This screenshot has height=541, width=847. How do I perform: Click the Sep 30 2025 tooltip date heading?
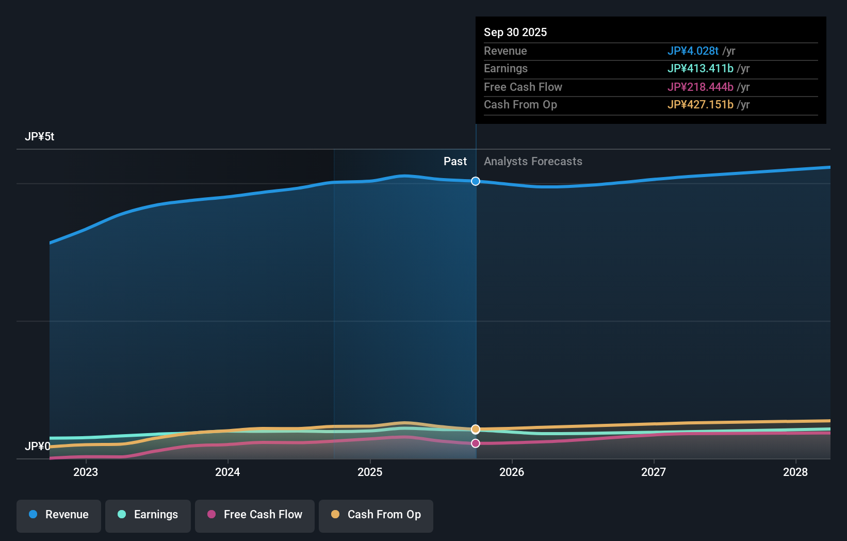pos(515,32)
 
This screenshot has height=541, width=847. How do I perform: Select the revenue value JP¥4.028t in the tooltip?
pos(692,51)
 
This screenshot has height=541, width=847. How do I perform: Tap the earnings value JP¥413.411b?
pos(700,68)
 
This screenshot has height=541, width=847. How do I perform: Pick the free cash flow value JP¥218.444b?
pos(700,87)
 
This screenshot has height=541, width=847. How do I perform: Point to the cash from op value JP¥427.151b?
pos(700,104)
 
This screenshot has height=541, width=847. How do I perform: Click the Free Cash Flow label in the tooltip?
pos(523,87)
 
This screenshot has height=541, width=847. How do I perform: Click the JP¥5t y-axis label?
pos(39,136)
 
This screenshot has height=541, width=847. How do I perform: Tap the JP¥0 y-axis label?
pos(37,446)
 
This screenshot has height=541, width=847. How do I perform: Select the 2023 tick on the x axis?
pos(86,472)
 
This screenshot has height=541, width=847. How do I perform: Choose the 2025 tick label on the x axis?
pos(370,472)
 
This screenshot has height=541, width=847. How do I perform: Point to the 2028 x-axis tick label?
pos(795,472)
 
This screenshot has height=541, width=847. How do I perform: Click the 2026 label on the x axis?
pos(512,472)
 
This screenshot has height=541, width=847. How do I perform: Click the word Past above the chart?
pos(455,161)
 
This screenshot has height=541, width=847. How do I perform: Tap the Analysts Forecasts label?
pos(533,161)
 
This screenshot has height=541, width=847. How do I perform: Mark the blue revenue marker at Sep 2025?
pos(476,181)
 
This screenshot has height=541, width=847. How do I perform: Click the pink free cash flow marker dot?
pos(476,443)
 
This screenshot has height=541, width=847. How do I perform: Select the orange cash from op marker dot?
pos(476,429)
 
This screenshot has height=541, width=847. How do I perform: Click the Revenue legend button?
pos(59,515)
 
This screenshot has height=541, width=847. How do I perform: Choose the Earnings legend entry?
pos(148,515)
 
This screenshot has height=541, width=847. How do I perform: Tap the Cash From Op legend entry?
pos(376,515)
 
